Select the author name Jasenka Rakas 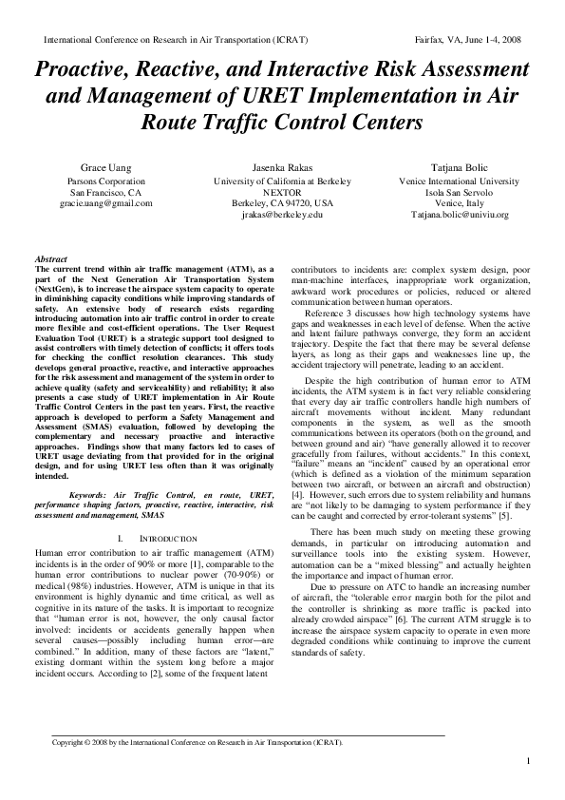click(282, 168)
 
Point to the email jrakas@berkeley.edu click(282, 215)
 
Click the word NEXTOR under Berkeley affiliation click(282, 192)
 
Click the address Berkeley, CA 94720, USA click(282, 203)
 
